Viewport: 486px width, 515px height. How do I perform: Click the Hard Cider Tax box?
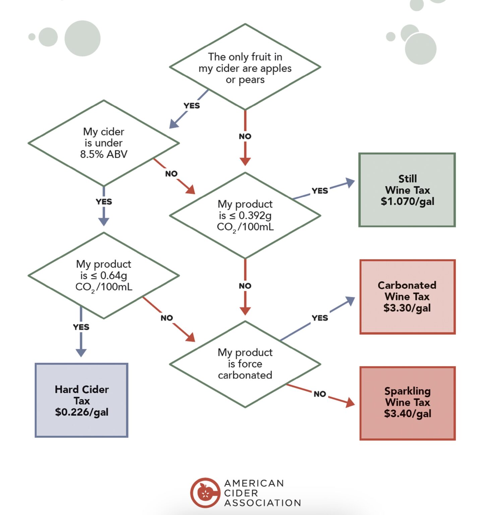coord(81,400)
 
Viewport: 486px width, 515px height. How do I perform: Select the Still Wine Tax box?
coord(407,190)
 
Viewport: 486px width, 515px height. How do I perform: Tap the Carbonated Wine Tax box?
coord(407,297)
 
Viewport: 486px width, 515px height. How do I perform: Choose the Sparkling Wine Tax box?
coord(407,403)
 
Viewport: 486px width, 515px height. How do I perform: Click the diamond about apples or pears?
coord(245,67)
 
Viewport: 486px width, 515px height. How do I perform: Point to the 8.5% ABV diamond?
coord(104,143)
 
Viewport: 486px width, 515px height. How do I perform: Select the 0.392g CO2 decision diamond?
coord(245,216)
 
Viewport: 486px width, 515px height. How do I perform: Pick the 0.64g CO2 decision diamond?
coord(104,275)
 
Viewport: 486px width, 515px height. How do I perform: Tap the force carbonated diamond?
coord(245,364)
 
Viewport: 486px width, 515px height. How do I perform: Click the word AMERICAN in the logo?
coord(254,483)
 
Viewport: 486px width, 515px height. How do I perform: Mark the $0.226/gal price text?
coord(82,412)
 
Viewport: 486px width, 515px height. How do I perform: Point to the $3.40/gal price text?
coord(408,414)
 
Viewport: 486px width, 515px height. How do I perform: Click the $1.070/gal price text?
coord(408,202)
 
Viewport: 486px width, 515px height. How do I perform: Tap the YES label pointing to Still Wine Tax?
coord(320,191)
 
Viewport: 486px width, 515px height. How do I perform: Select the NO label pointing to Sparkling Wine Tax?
coord(320,394)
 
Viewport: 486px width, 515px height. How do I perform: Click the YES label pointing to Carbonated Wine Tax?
coord(320,318)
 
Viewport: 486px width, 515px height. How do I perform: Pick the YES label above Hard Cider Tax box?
coord(81,327)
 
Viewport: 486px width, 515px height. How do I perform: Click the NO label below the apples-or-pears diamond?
coord(245,136)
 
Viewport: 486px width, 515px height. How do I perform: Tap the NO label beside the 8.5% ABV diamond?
coord(171,174)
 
